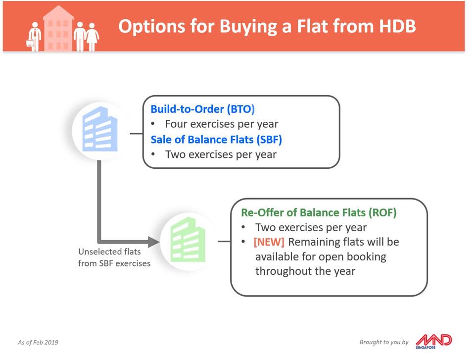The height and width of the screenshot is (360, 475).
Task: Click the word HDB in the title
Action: (x=398, y=26)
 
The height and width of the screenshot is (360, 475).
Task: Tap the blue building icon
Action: (x=99, y=129)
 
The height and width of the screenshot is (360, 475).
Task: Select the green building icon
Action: (x=188, y=240)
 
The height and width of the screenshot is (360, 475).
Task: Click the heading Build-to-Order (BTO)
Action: (x=202, y=109)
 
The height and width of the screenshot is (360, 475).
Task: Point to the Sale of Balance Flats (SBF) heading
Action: (x=216, y=140)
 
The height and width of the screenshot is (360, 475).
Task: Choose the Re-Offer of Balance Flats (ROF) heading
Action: (x=319, y=212)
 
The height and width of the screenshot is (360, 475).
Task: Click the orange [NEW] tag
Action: (x=269, y=242)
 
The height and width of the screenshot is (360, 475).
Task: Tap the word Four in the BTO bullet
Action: (x=176, y=124)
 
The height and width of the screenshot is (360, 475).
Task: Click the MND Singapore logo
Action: (x=433, y=342)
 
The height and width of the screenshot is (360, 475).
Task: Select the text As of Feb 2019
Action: (x=38, y=342)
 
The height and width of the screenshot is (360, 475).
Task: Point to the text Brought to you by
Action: (x=384, y=342)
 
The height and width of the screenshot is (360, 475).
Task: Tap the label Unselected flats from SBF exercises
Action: (x=114, y=257)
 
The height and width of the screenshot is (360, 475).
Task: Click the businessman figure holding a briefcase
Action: (x=34, y=37)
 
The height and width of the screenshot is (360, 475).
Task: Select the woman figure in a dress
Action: (x=92, y=37)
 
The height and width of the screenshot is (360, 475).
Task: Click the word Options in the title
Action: (x=151, y=26)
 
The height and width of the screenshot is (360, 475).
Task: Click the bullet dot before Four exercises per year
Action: (x=153, y=124)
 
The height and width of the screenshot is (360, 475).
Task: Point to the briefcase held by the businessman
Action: (x=30, y=43)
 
